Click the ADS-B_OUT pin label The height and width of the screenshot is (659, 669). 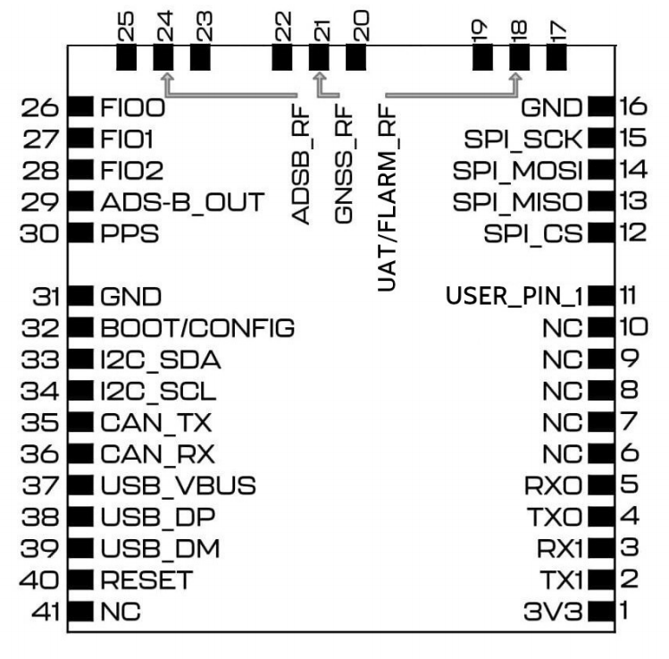tap(183, 201)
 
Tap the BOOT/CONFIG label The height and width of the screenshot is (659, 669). tap(197, 326)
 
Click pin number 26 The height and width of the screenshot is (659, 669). tap(43, 108)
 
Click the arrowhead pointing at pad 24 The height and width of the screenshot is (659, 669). tap(163, 78)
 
